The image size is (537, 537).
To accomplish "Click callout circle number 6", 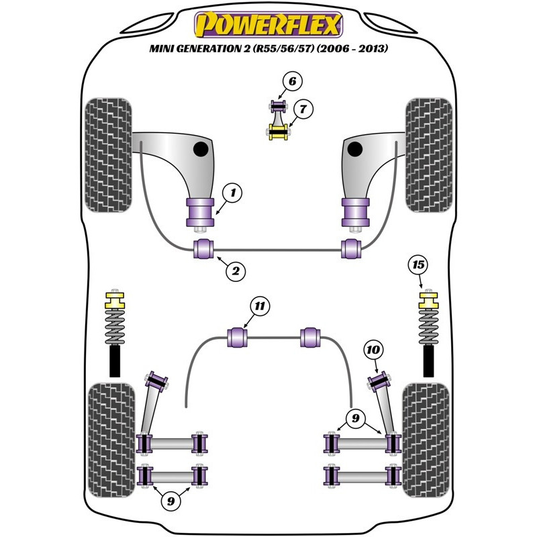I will [291, 83].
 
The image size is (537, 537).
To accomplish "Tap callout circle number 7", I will [303, 108].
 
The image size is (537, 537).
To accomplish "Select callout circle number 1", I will [232, 194].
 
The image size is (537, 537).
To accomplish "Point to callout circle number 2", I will [236, 271].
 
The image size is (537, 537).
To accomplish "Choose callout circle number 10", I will [374, 349].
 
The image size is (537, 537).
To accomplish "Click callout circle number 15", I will [418, 265].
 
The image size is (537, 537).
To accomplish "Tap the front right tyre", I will [428, 156].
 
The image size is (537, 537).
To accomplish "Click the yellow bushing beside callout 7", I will [278, 131].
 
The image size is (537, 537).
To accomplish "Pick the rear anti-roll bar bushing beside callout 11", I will [239, 336].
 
